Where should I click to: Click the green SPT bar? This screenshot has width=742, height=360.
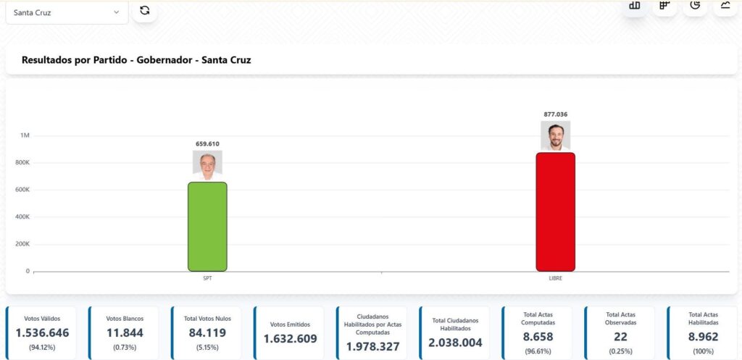click(207, 227)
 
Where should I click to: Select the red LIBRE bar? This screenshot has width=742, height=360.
click(555, 212)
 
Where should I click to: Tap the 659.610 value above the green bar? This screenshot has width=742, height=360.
click(207, 143)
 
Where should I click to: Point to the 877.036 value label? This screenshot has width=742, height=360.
click(556, 114)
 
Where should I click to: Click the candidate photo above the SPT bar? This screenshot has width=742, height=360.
click(207, 166)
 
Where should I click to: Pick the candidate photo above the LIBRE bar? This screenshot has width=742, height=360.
click(556, 135)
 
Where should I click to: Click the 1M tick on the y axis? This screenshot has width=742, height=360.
click(25, 135)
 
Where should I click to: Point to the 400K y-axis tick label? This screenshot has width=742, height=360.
click(22, 217)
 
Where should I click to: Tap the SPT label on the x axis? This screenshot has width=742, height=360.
click(207, 278)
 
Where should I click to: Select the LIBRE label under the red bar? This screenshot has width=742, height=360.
click(556, 278)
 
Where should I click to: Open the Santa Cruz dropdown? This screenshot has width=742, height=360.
click(67, 12)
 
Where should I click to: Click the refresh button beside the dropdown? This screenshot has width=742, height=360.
click(145, 11)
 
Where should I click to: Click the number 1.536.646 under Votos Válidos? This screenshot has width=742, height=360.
click(43, 333)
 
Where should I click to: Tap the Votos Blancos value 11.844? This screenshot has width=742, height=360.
click(125, 333)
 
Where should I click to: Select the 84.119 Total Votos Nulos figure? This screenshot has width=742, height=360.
click(208, 333)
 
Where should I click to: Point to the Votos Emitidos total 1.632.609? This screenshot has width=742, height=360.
click(291, 338)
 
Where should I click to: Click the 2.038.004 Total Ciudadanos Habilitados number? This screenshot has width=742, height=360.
click(456, 342)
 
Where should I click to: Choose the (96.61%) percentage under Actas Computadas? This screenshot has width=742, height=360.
click(538, 351)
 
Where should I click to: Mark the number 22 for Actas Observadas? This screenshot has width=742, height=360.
click(620, 337)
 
